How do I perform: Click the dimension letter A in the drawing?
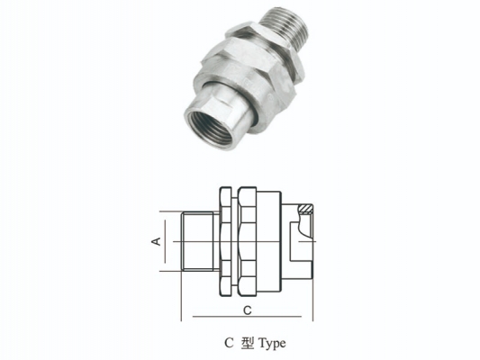tap(157, 241)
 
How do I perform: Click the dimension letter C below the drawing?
tap(247, 310)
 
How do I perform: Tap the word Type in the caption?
tap(272, 344)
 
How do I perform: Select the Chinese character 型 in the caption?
tap(248, 343)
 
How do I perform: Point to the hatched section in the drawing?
tap(305, 209)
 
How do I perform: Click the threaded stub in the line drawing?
tap(197, 241)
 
